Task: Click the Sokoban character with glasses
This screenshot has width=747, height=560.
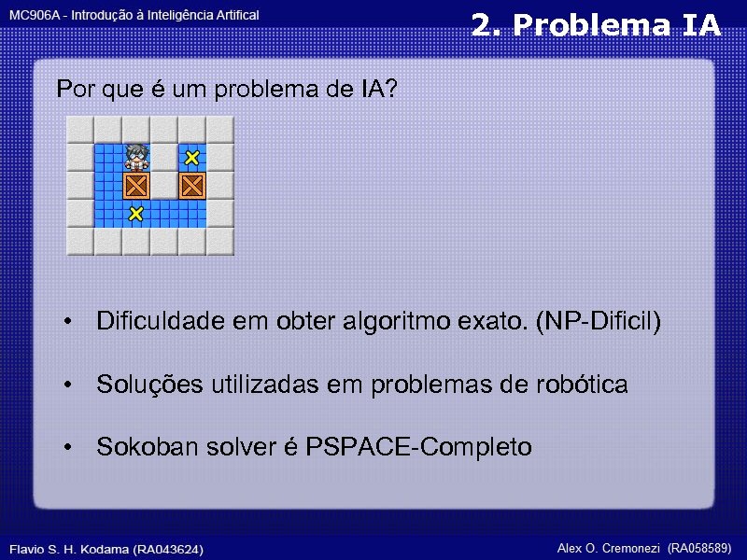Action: (x=136, y=156)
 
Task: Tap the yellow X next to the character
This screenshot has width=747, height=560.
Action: (x=191, y=158)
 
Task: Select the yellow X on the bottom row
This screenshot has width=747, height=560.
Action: (x=136, y=214)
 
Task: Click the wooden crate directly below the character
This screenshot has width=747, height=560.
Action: (x=136, y=185)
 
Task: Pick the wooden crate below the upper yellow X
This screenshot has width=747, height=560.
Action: (x=191, y=185)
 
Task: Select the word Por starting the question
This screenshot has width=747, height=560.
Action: (x=74, y=90)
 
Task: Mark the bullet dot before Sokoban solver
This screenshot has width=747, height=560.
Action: (x=68, y=448)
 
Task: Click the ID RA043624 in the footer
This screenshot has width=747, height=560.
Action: (x=167, y=549)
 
